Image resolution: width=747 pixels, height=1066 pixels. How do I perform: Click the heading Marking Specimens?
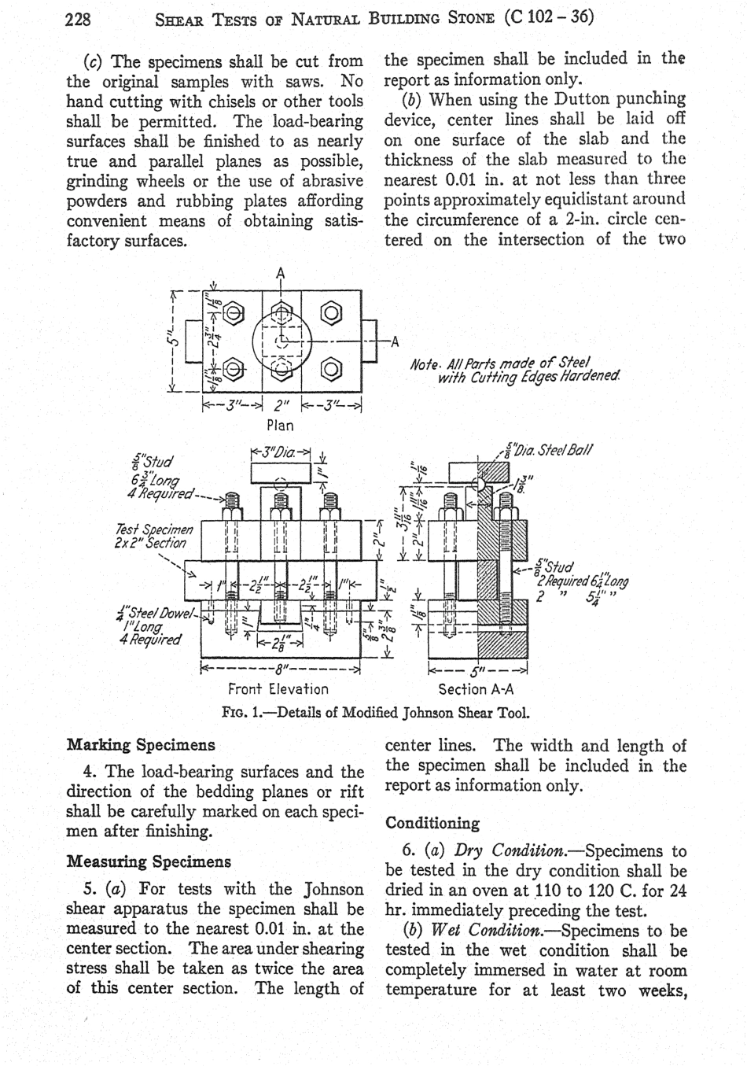point(141,744)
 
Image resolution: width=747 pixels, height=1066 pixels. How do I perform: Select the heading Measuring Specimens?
point(149,861)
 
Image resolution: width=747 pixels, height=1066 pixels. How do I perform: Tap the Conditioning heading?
point(432,824)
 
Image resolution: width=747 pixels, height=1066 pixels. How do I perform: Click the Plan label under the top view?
point(280,426)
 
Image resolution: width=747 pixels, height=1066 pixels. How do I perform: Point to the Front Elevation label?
point(278,689)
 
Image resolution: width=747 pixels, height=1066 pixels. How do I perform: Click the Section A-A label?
point(476,689)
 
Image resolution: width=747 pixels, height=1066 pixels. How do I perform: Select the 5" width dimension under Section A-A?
point(477,671)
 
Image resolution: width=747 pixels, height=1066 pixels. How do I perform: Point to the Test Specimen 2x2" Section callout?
point(153,536)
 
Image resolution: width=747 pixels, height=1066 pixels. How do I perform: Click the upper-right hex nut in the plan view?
point(333,314)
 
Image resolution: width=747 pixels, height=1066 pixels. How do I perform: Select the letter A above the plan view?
point(281,274)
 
